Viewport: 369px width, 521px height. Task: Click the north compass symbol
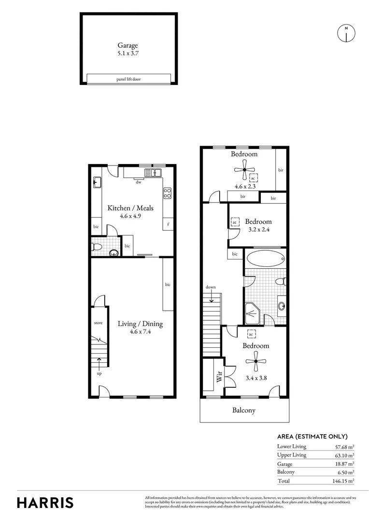[x=346, y=33]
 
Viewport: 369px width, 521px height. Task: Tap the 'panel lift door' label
[x=128, y=79]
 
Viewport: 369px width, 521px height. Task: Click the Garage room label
[x=128, y=45]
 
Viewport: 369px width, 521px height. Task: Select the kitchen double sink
[x=152, y=173]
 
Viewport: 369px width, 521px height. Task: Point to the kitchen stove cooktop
[x=168, y=193]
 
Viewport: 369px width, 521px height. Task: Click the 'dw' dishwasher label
[x=138, y=182]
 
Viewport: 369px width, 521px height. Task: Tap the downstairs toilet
[x=97, y=247]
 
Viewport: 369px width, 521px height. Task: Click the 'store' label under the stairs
[x=98, y=323]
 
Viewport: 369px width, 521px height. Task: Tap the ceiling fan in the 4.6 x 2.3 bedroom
[x=245, y=169]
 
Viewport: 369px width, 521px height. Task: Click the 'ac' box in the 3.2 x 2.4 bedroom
[x=235, y=222]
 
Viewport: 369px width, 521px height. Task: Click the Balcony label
[x=244, y=411]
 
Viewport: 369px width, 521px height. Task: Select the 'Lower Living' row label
[x=292, y=447]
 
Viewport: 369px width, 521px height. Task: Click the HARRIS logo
[x=45, y=502]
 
